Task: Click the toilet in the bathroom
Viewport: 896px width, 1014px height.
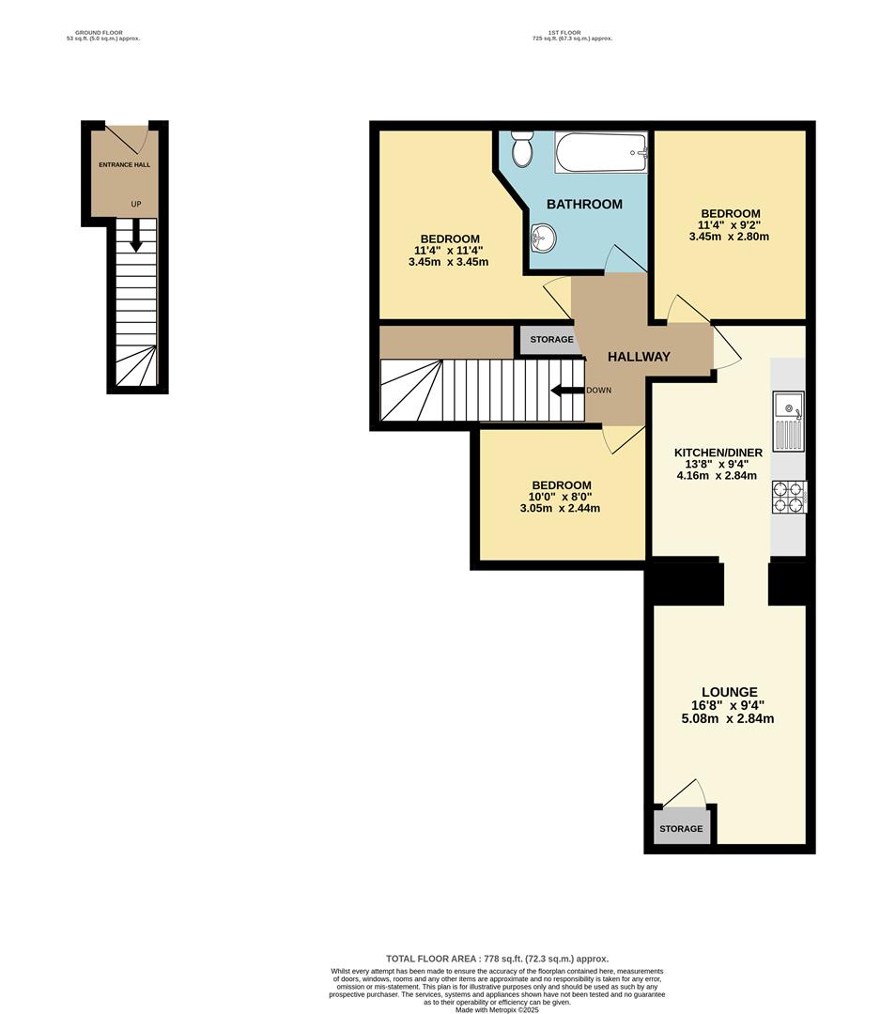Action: point(522,147)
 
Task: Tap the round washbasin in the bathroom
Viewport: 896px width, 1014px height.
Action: point(542,239)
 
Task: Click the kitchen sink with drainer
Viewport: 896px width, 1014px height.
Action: point(787,422)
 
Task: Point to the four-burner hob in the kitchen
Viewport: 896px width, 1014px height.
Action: point(789,497)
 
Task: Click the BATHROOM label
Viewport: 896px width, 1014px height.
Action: point(584,204)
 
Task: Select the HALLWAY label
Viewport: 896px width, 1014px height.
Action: point(639,357)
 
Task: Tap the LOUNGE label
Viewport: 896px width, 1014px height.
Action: point(729,692)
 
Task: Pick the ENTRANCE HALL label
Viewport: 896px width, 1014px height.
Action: point(125,164)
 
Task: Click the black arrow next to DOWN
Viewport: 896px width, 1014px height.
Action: point(567,391)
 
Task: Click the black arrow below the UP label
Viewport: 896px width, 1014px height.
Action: point(136,235)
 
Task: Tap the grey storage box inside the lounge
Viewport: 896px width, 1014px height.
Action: point(681,828)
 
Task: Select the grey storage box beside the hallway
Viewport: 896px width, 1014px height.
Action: point(550,339)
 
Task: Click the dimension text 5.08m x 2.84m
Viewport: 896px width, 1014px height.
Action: point(729,719)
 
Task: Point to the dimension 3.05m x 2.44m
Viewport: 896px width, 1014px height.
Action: point(560,509)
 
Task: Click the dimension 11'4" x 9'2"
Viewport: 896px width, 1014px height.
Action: point(729,225)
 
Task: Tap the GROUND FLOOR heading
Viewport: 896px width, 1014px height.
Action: point(99,33)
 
